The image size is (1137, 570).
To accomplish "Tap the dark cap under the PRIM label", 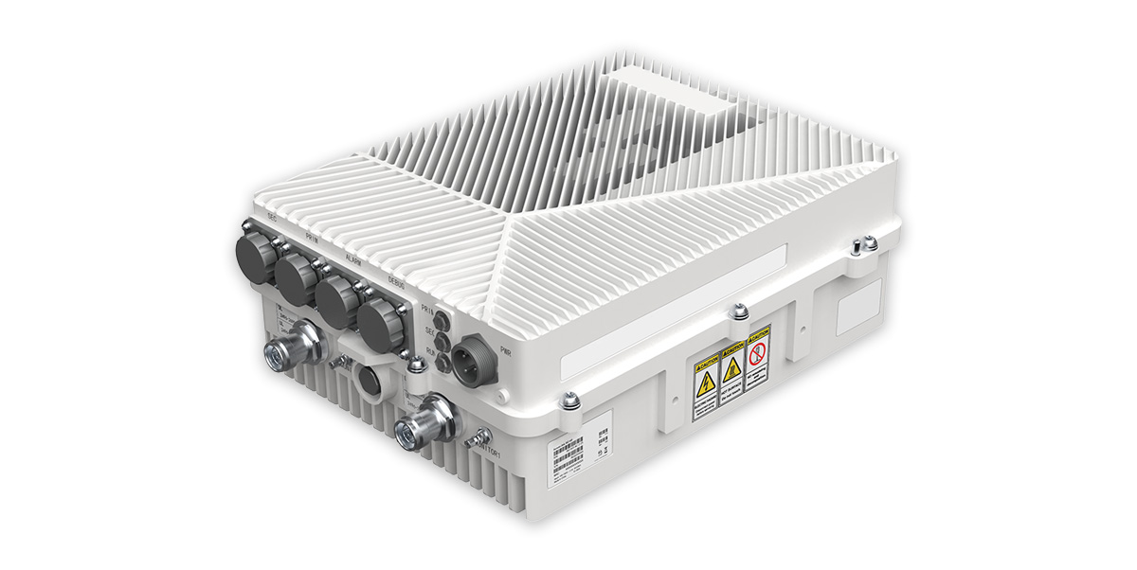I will [x=296, y=272].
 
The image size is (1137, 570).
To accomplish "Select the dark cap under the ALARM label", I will [x=336, y=293].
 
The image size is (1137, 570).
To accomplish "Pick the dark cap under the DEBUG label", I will [x=378, y=314].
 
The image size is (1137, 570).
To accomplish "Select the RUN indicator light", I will [x=442, y=360].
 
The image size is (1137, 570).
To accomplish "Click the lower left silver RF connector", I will [x=292, y=344].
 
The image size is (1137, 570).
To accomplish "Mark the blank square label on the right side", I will [x=857, y=306].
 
